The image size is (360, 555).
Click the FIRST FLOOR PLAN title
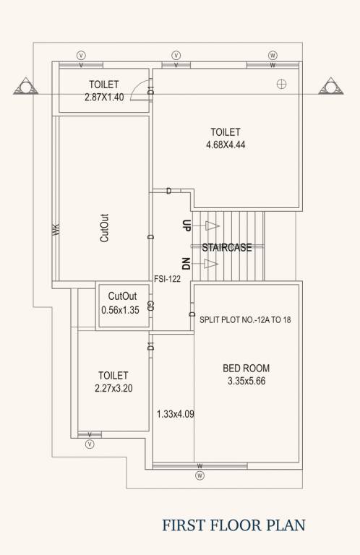pos(233,525)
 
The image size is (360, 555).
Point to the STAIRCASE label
pos(227,247)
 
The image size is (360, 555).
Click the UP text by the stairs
pos(187,225)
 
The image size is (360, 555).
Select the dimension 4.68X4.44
pos(226,145)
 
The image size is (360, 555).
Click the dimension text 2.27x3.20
pos(113,388)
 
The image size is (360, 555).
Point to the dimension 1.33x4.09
pos(176,414)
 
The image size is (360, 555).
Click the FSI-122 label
pos(168,278)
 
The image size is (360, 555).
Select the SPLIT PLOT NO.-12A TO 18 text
pos(244,319)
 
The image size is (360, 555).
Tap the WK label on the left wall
pos(55,229)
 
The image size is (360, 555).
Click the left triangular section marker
pos(26,88)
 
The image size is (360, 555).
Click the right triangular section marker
pos(333,88)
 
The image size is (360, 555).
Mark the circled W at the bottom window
pos(200,476)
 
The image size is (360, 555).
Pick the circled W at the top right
pos(273,55)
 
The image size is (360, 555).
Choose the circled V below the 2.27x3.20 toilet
pos(90,444)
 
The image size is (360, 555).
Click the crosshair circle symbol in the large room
pos(282,84)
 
